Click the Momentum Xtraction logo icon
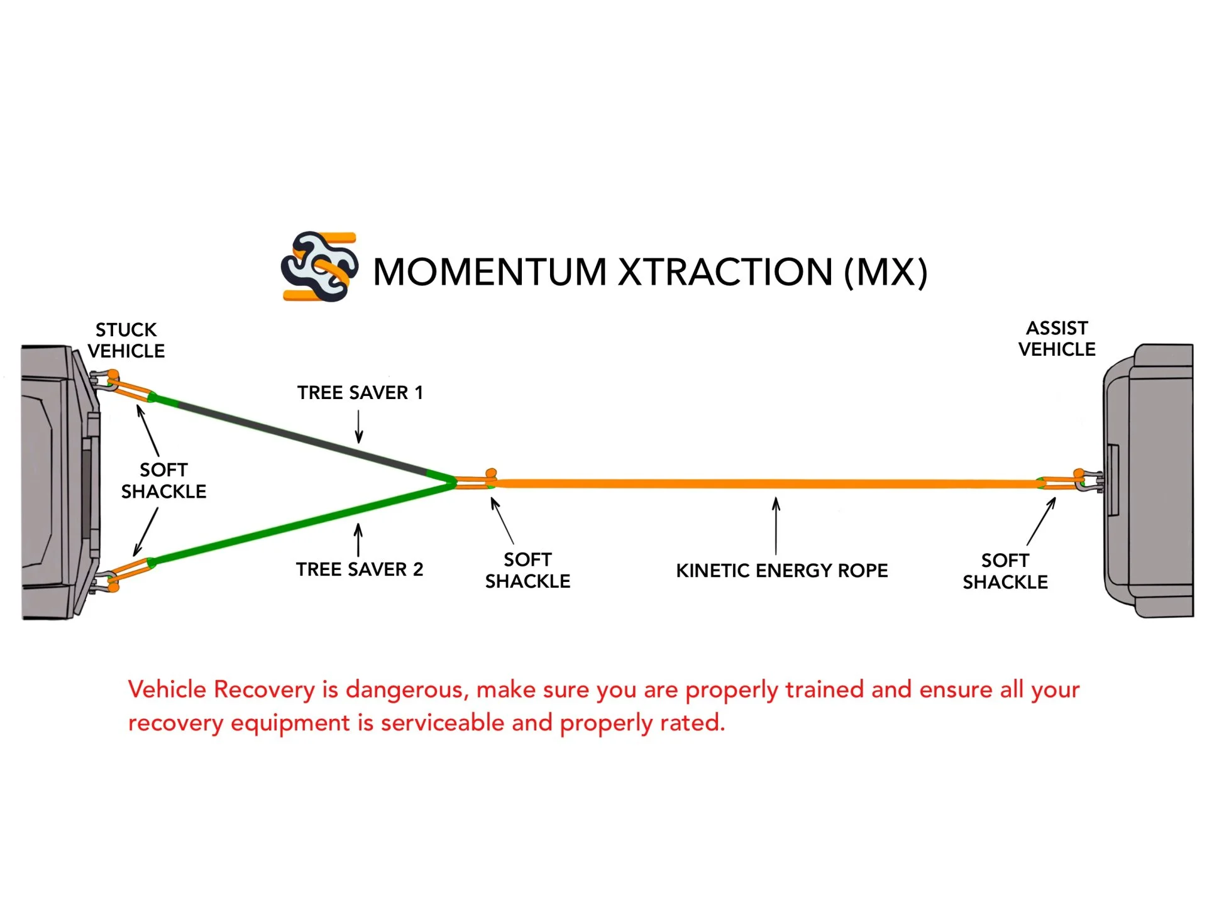[319, 266]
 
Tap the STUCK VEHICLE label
[126, 340]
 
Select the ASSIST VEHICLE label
[1057, 338]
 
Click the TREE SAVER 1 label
[360, 393]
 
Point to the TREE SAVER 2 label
[360, 569]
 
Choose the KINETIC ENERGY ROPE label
[781, 571]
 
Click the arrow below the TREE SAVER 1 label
[359, 427]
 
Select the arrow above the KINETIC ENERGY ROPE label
[776, 525]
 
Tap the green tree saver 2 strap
[302, 521]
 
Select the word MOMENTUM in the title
[490, 272]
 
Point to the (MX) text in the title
[885, 272]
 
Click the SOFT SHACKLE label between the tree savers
[163, 481]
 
